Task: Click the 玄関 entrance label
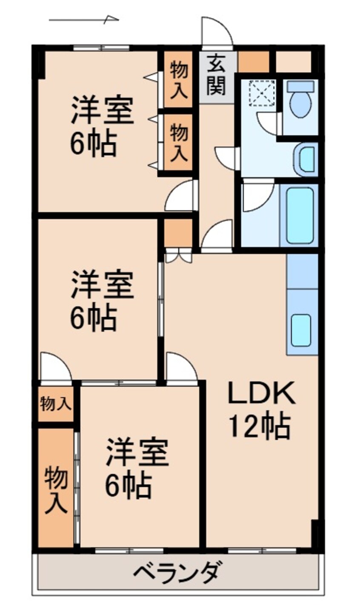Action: point(216,77)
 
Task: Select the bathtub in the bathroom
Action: point(300,215)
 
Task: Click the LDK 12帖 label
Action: point(260,411)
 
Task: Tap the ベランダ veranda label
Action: point(177,573)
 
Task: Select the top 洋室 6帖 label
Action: point(102,126)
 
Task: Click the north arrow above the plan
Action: point(84,19)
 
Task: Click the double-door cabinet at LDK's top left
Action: point(178,256)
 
